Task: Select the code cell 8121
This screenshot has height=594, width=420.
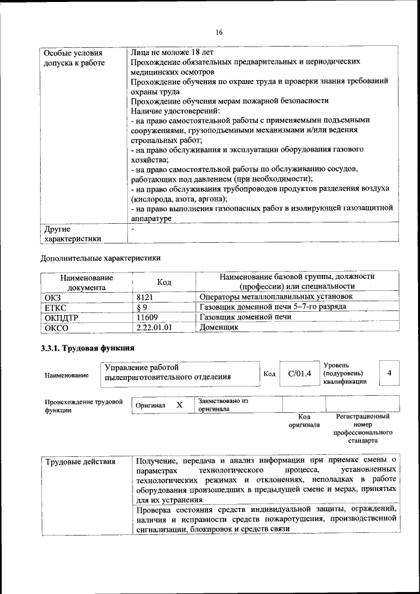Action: tap(144, 297)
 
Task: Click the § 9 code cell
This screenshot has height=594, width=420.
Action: tap(141, 307)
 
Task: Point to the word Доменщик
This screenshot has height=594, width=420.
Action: tap(219, 326)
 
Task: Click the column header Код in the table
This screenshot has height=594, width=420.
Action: tap(164, 282)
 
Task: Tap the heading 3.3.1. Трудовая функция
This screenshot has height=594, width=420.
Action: tap(87, 349)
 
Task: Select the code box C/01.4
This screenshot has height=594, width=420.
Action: tap(299, 373)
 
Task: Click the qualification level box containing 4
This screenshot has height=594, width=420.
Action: tap(390, 373)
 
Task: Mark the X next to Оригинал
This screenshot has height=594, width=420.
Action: tap(179, 405)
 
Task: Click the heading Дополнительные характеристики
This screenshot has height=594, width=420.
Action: tap(100, 257)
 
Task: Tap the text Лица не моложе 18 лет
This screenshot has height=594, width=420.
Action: tap(172, 52)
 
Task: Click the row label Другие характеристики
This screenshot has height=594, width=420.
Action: tap(72, 234)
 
